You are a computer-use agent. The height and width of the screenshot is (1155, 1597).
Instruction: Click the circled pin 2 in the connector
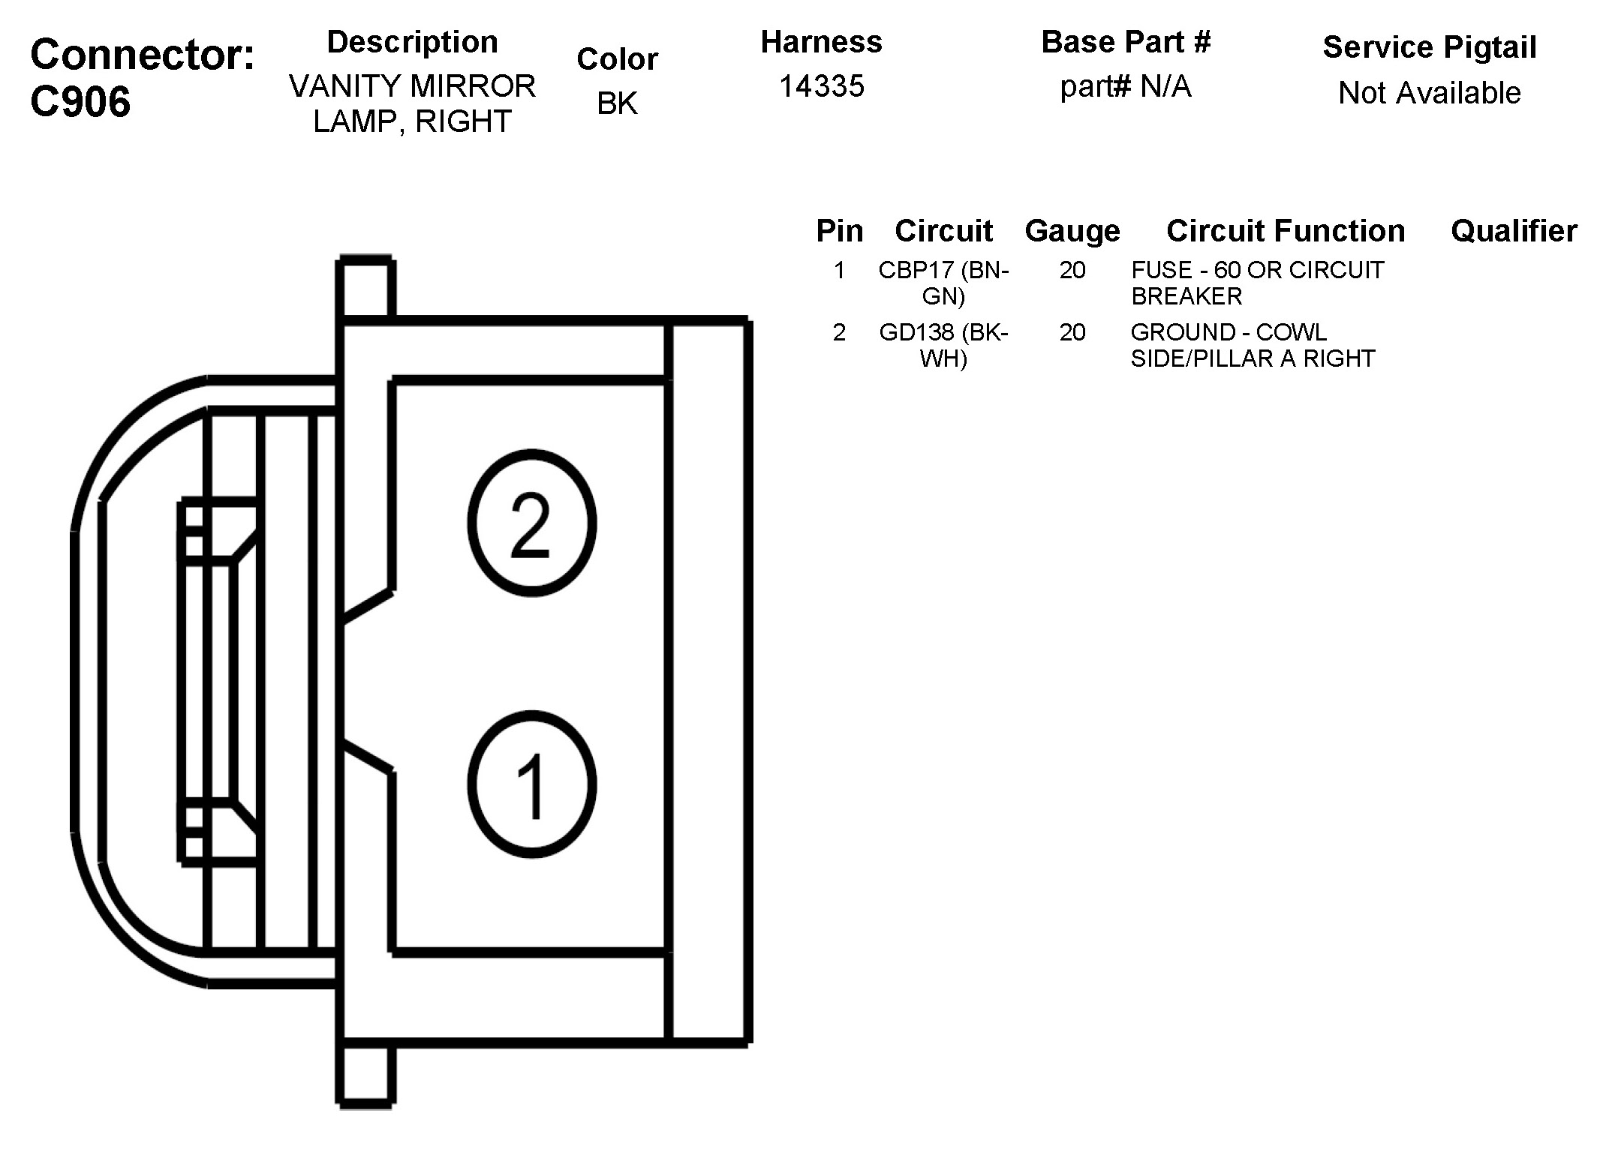pyautogui.click(x=531, y=523)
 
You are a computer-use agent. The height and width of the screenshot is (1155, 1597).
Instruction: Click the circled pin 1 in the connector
pyautogui.click(x=531, y=784)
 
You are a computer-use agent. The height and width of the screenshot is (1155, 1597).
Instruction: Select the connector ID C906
pyautogui.click(x=80, y=101)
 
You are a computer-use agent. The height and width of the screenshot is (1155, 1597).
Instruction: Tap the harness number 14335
pyautogui.click(x=821, y=86)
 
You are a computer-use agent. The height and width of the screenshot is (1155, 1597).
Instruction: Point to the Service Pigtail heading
pyautogui.click(x=1429, y=47)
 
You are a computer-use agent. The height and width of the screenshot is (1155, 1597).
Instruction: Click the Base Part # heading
pyautogui.click(x=1126, y=42)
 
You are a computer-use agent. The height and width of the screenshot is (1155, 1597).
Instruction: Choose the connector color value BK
pyautogui.click(x=617, y=103)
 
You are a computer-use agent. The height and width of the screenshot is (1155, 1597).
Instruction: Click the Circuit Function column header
pyautogui.click(x=1285, y=231)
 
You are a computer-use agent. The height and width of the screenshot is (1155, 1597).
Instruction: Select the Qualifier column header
pyautogui.click(x=1513, y=231)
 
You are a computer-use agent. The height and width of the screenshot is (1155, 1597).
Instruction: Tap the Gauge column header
pyautogui.click(x=1072, y=231)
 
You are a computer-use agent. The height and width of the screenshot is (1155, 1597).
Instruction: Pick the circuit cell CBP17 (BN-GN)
pyautogui.click(x=943, y=283)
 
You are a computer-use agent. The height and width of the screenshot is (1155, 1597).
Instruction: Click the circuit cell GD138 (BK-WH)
pyautogui.click(x=943, y=345)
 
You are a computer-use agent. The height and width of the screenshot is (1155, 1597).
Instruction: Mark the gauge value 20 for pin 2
pyautogui.click(x=1072, y=332)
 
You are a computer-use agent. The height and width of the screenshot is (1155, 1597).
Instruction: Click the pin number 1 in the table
pyautogui.click(x=839, y=270)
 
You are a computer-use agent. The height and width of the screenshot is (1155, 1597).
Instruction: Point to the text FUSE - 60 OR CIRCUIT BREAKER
pyautogui.click(x=1257, y=283)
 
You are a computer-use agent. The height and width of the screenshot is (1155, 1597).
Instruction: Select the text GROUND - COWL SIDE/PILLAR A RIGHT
pyautogui.click(x=1253, y=345)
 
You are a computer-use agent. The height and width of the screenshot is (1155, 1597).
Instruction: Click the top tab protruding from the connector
pyautogui.click(x=365, y=287)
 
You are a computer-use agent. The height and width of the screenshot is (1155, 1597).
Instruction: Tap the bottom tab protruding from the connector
pyautogui.click(x=365, y=1075)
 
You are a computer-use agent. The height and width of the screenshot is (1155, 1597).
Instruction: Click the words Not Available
pyautogui.click(x=1429, y=93)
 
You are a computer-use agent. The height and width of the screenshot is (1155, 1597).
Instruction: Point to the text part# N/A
pyautogui.click(x=1125, y=87)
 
